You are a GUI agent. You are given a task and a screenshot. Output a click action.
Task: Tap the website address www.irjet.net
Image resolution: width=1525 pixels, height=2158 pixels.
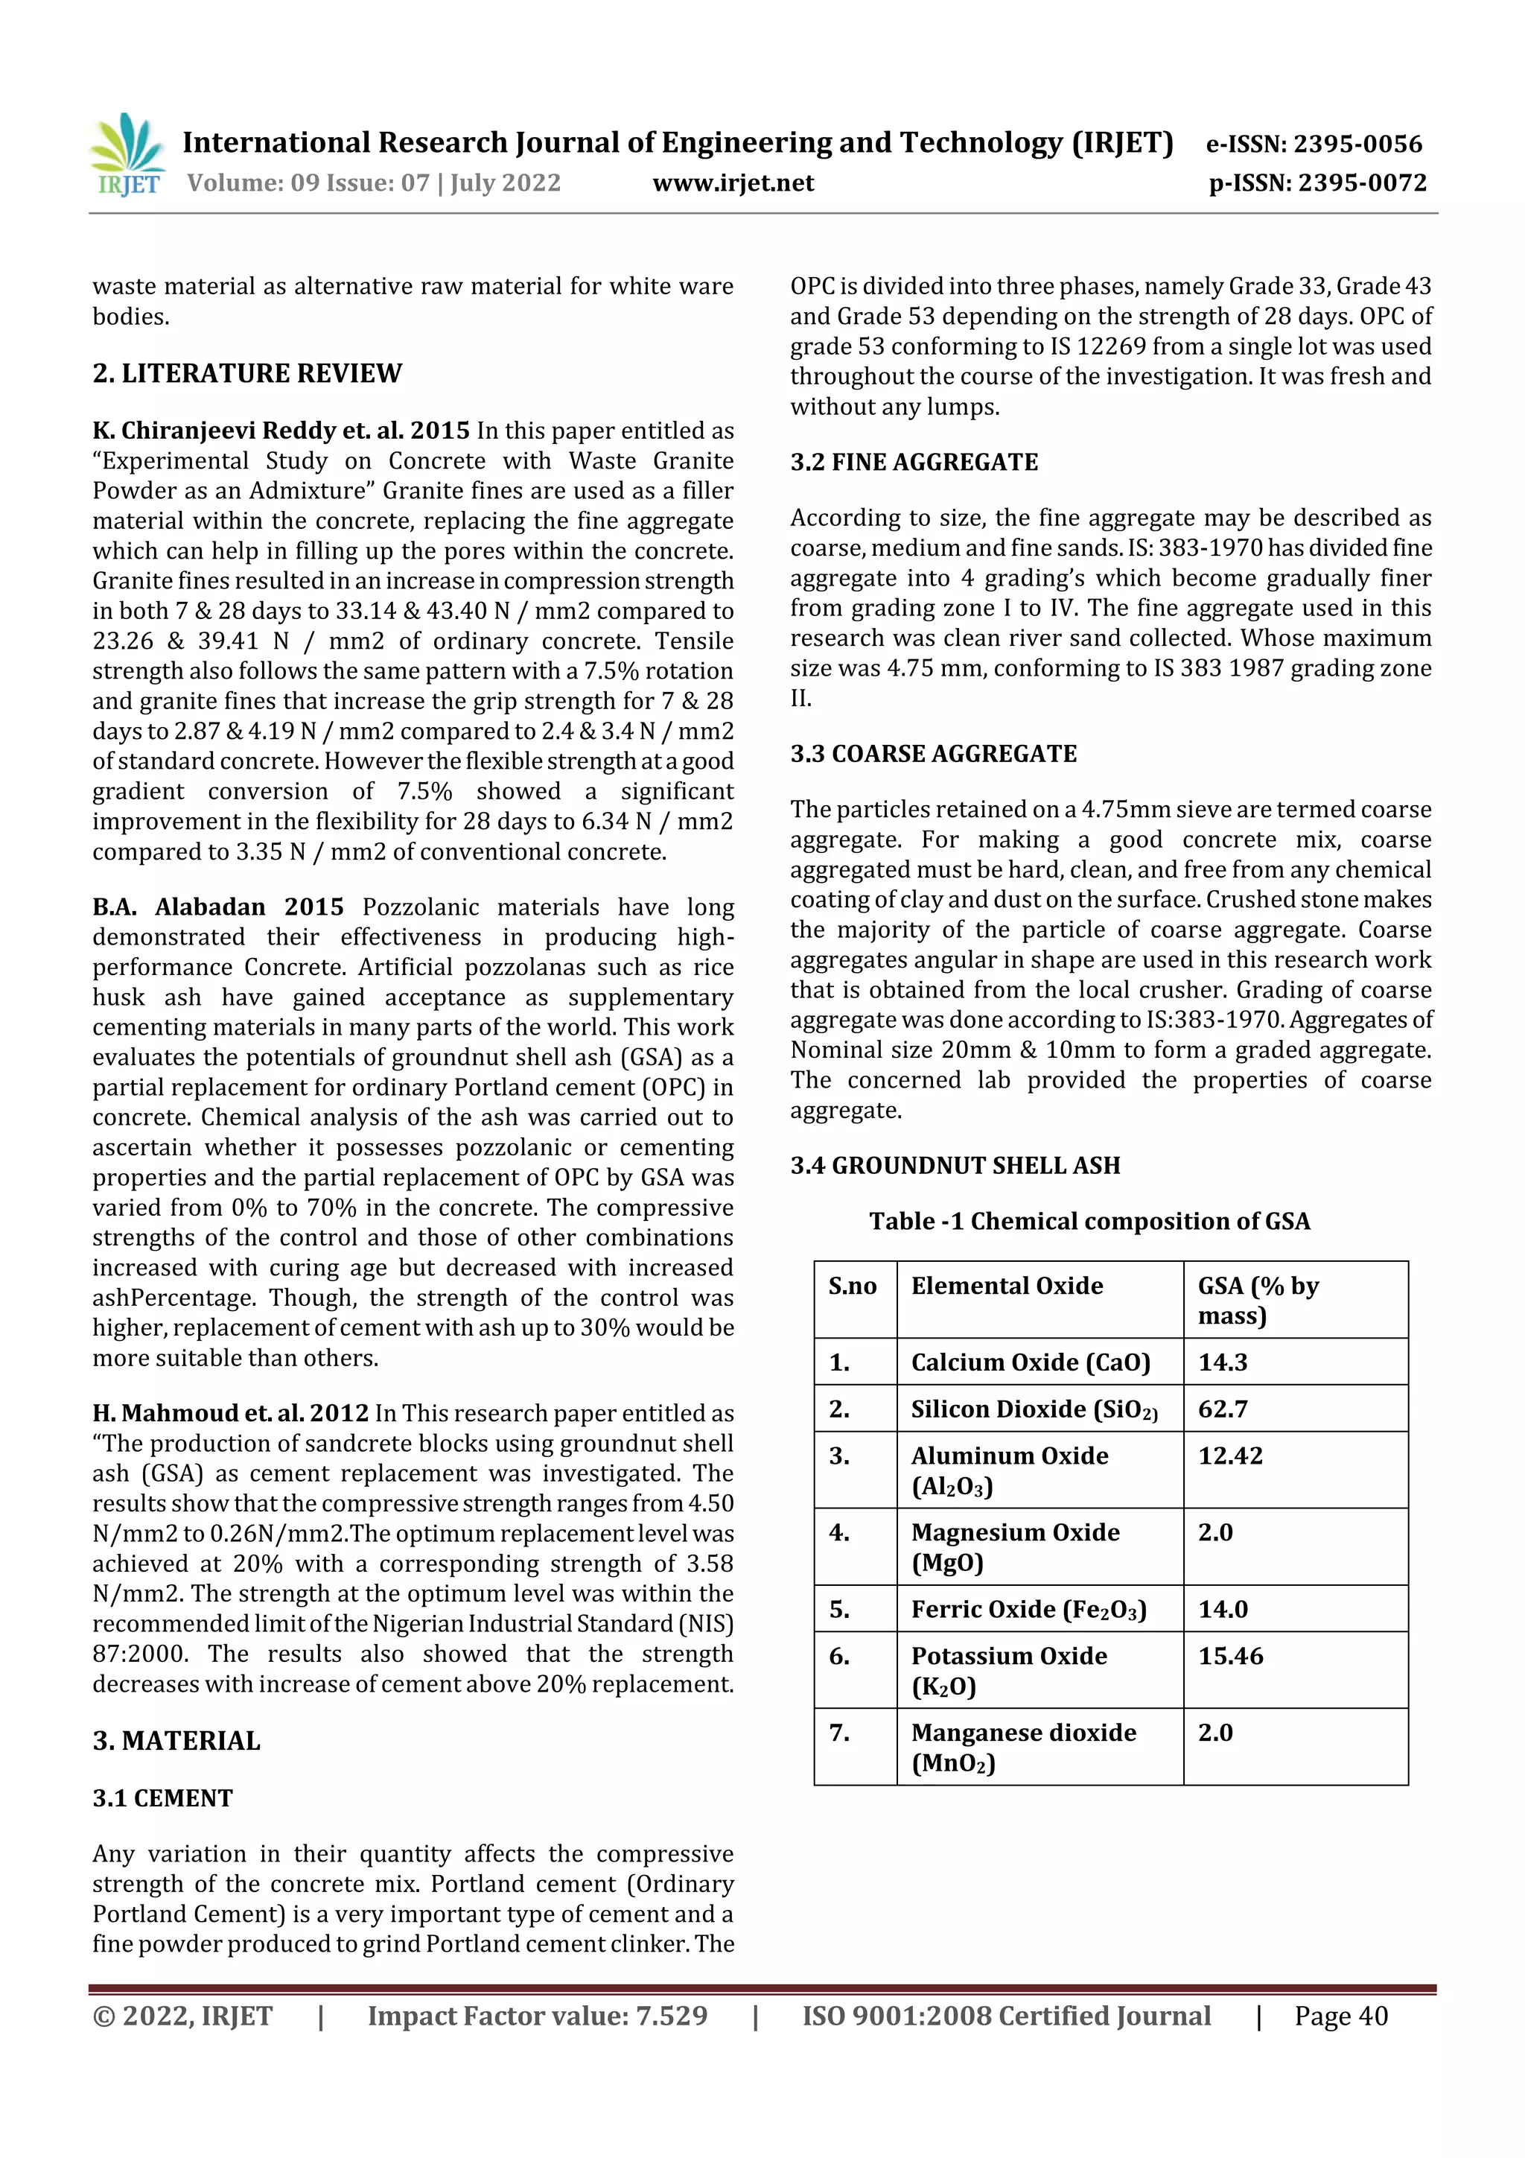pos(733,183)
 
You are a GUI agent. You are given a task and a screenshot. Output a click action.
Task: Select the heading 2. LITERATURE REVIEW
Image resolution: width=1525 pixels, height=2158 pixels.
pos(247,374)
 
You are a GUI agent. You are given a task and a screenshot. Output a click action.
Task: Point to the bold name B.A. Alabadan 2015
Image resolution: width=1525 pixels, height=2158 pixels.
pos(218,907)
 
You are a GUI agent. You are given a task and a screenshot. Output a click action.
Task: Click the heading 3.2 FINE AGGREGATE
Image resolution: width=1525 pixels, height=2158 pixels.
pos(914,463)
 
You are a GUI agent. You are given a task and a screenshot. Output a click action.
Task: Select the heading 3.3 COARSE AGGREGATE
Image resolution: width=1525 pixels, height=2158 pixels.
pos(933,754)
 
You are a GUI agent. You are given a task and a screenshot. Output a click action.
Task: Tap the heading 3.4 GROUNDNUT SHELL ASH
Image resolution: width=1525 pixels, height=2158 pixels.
pos(955,1166)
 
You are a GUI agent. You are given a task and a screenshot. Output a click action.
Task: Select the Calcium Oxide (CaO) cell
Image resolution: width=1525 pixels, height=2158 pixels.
pos(1030,1363)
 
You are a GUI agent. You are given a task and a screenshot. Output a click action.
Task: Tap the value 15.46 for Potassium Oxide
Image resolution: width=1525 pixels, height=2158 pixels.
pos(1230,1656)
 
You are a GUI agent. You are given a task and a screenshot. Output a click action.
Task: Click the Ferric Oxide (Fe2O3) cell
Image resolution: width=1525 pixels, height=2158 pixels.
pos(1029,1610)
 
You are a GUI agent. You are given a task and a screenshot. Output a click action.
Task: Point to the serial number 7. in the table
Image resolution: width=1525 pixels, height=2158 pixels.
pos(839,1732)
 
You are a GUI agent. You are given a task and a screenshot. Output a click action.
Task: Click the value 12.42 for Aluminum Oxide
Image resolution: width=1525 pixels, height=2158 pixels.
pos(1230,1456)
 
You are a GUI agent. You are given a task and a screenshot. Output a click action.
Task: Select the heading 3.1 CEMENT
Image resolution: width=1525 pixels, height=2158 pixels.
pos(162,1798)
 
